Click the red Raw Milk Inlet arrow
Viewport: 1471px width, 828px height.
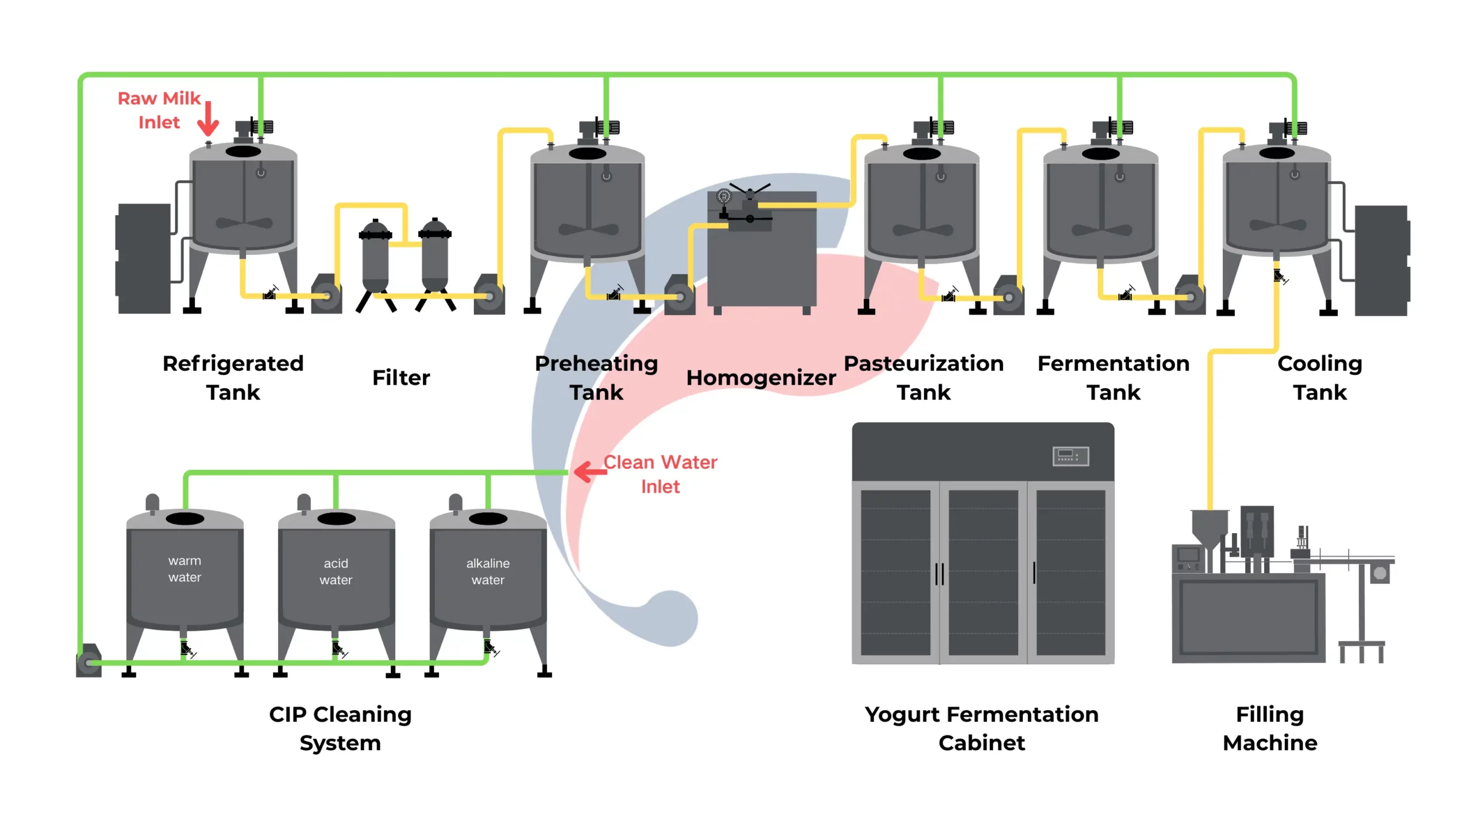click(x=208, y=119)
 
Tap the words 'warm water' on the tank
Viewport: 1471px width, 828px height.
click(x=184, y=569)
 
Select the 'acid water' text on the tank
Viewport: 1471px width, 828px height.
click(x=336, y=571)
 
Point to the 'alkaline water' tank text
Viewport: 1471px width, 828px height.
click(x=487, y=571)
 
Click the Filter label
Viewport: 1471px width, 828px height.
click(x=401, y=378)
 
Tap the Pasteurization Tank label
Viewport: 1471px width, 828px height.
click(x=923, y=377)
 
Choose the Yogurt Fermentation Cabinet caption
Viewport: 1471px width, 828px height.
click(x=981, y=728)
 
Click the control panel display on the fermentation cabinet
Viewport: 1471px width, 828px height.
click(x=1070, y=456)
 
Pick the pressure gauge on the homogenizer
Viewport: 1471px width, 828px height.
click(x=723, y=197)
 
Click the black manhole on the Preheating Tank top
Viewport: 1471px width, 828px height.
click(x=587, y=154)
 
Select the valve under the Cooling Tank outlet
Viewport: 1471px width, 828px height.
click(x=1279, y=277)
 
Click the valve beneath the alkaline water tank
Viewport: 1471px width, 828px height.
click(x=490, y=648)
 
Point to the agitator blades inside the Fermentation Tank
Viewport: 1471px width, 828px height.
click(x=1101, y=229)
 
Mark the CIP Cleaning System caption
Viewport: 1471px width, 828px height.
click(x=340, y=728)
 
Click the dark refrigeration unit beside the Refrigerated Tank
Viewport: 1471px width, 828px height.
click(x=144, y=258)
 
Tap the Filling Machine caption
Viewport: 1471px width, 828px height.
click(x=1269, y=728)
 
